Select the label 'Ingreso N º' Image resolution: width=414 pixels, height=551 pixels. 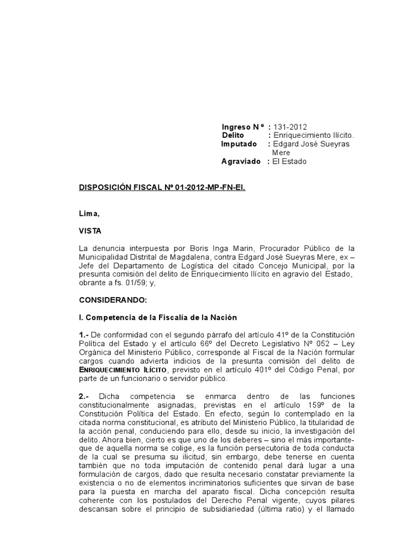click(243, 126)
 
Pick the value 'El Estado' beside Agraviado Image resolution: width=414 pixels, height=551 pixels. click(290, 161)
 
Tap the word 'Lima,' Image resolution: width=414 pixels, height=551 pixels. click(89, 213)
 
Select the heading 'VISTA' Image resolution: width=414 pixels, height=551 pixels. click(90, 230)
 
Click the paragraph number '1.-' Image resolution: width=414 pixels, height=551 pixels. click(85, 335)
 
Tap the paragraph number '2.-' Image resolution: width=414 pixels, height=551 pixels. click(85, 395)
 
